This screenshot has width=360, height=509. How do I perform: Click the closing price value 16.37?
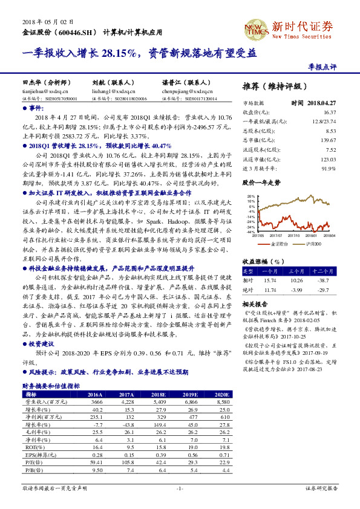coord(329,112)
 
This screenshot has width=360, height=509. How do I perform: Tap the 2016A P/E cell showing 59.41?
coord(95,462)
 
